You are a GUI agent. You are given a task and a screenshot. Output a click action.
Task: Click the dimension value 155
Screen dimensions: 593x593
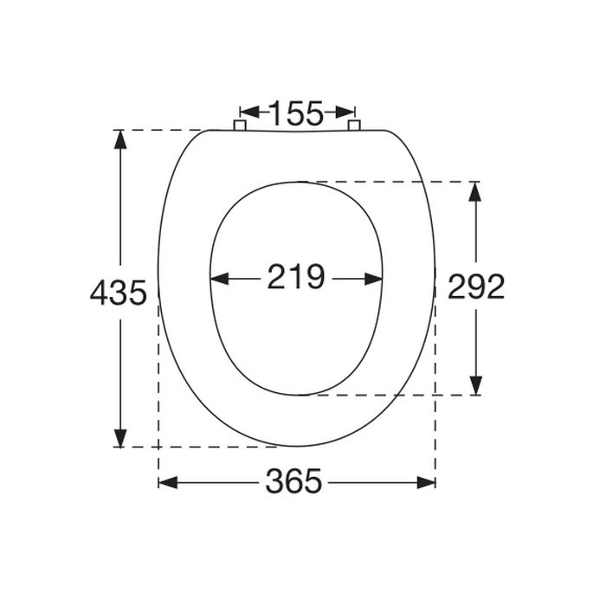295,113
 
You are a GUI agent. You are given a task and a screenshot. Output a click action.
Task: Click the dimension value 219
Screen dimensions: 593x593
295,278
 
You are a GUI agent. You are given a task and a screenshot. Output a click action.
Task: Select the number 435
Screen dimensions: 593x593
118,293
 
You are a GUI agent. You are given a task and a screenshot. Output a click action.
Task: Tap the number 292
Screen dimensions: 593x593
475,287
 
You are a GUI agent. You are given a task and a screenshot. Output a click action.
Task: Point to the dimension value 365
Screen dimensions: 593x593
293,482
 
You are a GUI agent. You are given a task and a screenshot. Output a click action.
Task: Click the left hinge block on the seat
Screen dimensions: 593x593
240,126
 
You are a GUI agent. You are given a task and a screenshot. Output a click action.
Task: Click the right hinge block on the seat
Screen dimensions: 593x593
353,126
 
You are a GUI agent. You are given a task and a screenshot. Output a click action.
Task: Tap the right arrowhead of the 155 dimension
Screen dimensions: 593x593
347,112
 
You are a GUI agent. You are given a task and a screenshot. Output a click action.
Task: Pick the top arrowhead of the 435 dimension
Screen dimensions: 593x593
120,138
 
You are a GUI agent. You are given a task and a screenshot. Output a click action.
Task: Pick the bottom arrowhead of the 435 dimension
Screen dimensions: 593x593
120,439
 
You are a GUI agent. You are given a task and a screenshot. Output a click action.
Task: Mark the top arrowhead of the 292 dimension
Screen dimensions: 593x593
474,190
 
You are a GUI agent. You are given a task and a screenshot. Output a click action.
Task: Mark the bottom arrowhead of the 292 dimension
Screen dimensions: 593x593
474,386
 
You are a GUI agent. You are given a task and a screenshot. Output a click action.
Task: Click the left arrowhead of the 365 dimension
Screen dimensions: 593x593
166,482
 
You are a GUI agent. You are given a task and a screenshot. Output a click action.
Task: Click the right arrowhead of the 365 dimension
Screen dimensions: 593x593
427,482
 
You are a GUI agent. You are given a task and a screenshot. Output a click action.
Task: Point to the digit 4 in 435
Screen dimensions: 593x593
100,293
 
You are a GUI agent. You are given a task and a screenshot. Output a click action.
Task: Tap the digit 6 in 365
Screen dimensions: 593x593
293,482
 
